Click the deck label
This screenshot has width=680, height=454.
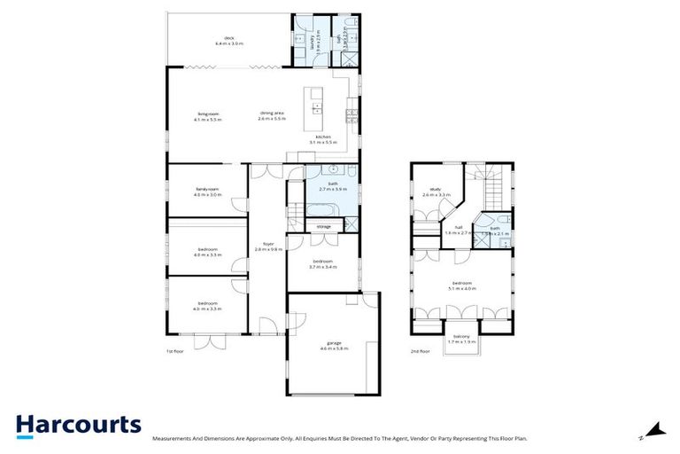pyautogui.click(x=228, y=38)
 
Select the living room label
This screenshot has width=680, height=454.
pyautogui.click(x=208, y=113)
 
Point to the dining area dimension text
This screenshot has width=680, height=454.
pyautogui.click(x=272, y=119)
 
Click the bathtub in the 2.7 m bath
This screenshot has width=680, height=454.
pyautogui.click(x=321, y=211)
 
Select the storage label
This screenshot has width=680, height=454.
pyautogui.click(x=324, y=227)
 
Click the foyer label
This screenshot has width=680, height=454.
pyautogui.click(x=267, y=245)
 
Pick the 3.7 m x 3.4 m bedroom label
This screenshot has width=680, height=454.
pyautogui.click(x=322, y=263)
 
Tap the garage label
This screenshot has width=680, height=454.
pyautogui.click(x=334, y=344)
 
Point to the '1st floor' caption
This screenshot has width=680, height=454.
pyautogui.click(x=175, y=351)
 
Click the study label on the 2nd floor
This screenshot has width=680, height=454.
pyautogui.click(x=435, y=189)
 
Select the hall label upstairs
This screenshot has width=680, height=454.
pyautogui.click(x=459, y=228)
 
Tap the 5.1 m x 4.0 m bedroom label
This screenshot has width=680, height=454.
pyautogui.click(x=462, y=286)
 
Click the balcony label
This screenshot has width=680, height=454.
pyautogui.click(x=461, y=336)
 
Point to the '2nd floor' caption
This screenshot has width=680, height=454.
pyautogui.click(x=420, y=351)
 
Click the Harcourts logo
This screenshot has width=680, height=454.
pyautogui.click(x=78, y=424)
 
